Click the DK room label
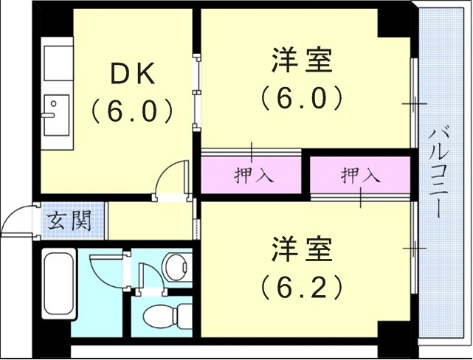click(133, 74)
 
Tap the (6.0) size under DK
click(132, 111)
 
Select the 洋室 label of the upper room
click(301, 60)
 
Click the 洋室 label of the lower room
click(300, 248)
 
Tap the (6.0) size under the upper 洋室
click(301, 97)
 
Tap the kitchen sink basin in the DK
click(55, 115)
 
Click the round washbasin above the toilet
click(176, 267)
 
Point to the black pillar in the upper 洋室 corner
click(393, 21)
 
